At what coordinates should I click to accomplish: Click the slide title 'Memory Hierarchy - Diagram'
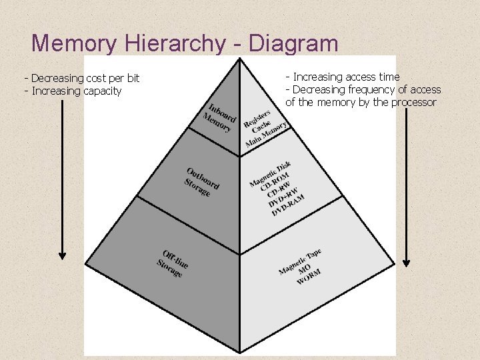(185, 43)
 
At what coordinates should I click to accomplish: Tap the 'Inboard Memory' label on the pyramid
(219, 117)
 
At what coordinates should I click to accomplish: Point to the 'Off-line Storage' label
(172, 263)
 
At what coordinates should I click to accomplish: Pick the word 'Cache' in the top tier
(262, 126)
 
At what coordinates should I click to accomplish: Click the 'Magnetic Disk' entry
(270, 173)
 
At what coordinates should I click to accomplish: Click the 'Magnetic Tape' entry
(300, 261)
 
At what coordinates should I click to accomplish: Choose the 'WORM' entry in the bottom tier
(309, 277)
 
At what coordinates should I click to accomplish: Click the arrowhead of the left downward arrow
(63, 255)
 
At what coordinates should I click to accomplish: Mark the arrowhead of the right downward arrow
(407, 263)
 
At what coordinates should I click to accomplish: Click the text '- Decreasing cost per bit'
(82, 79)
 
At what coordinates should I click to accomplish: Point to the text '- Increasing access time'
(343, 77)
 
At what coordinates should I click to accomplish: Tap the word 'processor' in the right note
(413, 102)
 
